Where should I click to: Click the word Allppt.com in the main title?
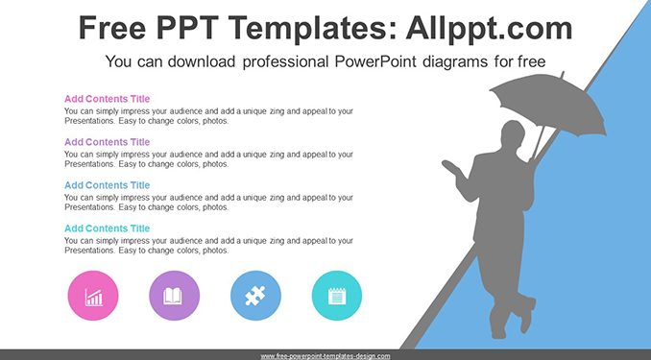(x=489, y=29)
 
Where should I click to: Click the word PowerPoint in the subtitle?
(x=375, y=61)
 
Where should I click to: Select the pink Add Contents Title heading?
(x=108, y=99)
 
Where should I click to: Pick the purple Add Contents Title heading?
(x=108, y=142)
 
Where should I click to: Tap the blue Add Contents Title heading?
(x=108, y=185)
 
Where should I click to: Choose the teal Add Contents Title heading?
(x=108, y=228)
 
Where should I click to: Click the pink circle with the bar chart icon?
(x=93, y=296)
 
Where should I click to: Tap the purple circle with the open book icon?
(x=175, y=296)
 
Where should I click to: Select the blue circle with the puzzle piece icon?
(x=255, y=296)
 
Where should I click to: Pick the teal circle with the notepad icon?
(x=337, y=296)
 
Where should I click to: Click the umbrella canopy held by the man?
(x=548, y=104)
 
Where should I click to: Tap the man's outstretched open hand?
(x=451, y=167)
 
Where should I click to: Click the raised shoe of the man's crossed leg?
(x=528, y=314)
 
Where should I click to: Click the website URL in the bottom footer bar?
(x=325, y=356)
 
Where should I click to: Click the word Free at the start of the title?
(x=112, y=28)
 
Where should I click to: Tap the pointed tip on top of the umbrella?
(x=563, y=74)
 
